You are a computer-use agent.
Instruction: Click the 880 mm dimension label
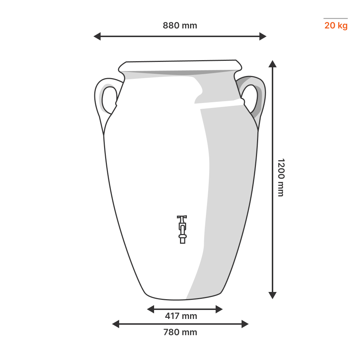point(180,26)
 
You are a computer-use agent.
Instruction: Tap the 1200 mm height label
point(281,177)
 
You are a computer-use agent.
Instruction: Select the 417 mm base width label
point(181,316)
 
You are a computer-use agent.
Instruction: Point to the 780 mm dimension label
point(180,332)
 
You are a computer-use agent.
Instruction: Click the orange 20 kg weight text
point(336,26)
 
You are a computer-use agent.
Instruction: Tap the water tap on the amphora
point(182,229)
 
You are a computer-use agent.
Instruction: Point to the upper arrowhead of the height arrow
point(273,64)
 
